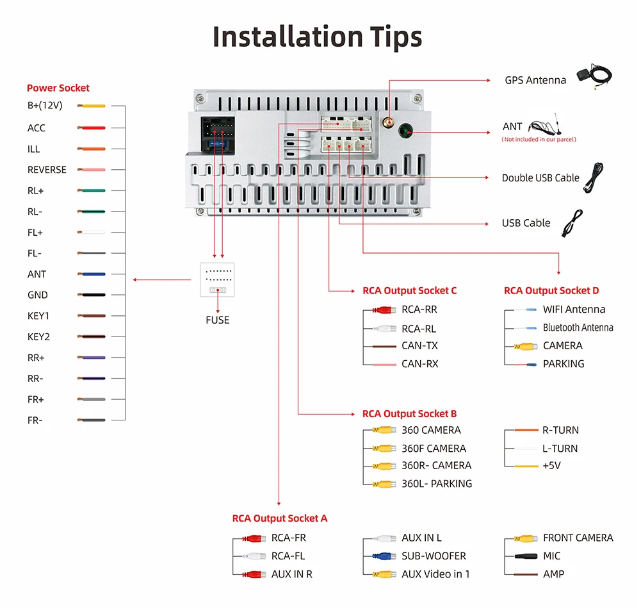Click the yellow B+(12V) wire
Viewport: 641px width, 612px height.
click(x=92, y=106)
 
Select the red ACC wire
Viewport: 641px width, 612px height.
click(x=92, y=128)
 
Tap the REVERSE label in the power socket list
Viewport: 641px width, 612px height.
click(x=47, y=170)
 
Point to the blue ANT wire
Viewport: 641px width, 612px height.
click(x=92, y=274)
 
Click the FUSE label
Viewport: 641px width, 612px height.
click(x=218, y=320)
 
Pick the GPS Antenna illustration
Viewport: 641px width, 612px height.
click(x=594, y=76)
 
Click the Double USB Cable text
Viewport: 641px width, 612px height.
click(x=540, y=178)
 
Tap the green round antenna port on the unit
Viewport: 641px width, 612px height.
click(x=405, y=131)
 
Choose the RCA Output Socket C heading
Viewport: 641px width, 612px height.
click(x=410, y=291)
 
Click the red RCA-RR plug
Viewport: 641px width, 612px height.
click(x=384, y=310)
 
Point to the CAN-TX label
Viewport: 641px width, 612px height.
click(x=419, y=345)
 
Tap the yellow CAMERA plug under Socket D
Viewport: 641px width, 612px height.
click(x=526, y=347)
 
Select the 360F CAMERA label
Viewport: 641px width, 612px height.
click(x=434, y=449)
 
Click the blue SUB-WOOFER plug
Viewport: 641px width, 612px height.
click(x=384, y=556)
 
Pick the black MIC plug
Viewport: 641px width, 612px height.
click(x=526, y=556)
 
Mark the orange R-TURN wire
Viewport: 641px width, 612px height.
click(x=526, y=430)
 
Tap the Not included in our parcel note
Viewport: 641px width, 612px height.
click(x=539, y=140)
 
